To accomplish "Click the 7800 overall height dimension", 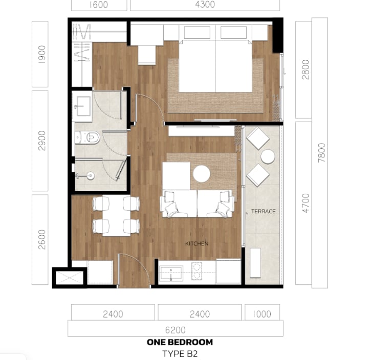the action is [x=321, y=153].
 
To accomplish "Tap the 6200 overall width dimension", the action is [x=176, y=330].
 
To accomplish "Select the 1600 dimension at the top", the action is [x=99, y=5].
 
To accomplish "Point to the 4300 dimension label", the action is [x=205, y=4].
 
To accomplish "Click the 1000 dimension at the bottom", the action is [x=262, y=314].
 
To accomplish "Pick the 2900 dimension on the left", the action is [x=42, y=141].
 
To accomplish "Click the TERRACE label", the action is [x=264, y=211].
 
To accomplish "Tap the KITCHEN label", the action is [x=197, y=243].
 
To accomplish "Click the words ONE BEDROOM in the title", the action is [x=180, y=342].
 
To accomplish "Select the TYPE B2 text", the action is [x=180, y=354].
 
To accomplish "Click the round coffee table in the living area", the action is [x=202, y=174].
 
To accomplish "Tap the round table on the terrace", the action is [x=268, y=156].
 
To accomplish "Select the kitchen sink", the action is [x=171, y=274].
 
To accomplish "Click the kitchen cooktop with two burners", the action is [x=197, y=271].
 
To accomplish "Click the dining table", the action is [x=116, y=215].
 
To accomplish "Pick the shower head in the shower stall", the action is [x=90, y=175].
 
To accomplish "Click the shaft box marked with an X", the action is [x=69, y=278].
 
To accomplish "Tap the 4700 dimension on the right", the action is [x=305, y=204].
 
